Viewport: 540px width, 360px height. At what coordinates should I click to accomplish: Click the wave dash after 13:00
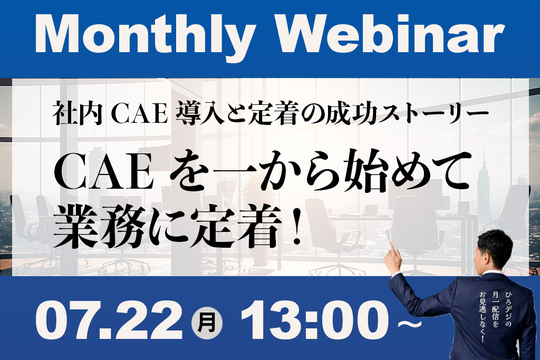tap(409, 324)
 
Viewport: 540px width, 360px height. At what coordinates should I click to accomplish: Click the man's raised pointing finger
tap(392, 247)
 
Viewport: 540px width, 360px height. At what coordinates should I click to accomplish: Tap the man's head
tap(494, 248)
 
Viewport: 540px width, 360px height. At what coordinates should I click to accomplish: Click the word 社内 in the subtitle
tap(78, 113)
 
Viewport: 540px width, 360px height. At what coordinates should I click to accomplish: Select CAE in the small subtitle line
tap(140, 114)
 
